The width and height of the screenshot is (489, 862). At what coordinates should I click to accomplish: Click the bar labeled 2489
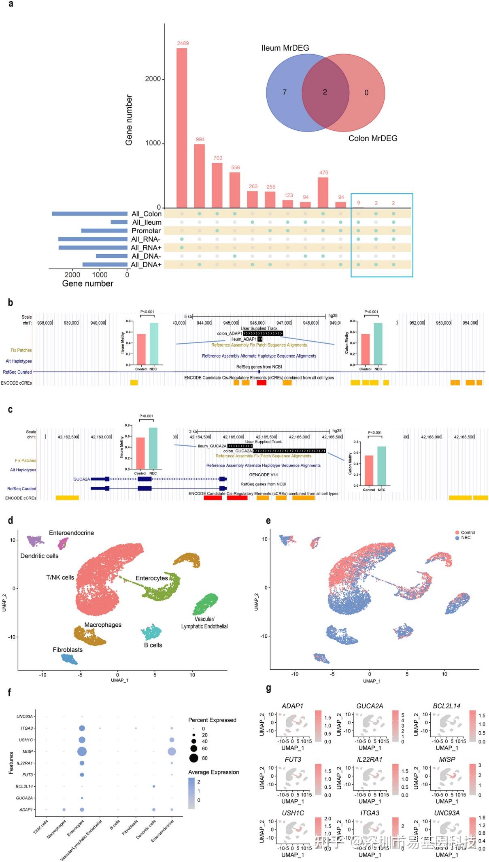182,128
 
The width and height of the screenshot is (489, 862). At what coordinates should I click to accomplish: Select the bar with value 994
200,176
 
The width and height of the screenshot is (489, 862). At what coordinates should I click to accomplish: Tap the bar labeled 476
323,192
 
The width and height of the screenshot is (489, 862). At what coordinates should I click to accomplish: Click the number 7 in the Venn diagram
284,92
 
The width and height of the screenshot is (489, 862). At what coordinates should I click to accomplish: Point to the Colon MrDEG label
373,138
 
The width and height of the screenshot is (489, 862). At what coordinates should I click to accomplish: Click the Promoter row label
146,231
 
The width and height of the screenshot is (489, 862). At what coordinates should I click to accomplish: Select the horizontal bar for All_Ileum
119,222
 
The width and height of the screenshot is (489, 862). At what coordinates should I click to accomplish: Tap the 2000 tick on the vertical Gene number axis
153,79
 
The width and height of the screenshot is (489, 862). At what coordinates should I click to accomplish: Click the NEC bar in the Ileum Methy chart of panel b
154,344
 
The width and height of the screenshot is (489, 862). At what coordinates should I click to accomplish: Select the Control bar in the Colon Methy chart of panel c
369,470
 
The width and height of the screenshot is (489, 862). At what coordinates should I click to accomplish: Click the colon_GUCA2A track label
237,451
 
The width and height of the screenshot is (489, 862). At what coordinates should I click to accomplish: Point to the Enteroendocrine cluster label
71,533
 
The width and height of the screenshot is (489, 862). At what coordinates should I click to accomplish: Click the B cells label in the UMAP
153,645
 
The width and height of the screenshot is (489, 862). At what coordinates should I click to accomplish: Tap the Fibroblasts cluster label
68,650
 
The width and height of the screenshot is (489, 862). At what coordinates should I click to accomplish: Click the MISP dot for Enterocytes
82,751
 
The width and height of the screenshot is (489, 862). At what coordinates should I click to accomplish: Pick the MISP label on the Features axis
28,751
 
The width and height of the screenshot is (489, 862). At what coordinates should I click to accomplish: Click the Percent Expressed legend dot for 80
193,758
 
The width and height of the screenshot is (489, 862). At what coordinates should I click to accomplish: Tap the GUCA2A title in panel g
369,706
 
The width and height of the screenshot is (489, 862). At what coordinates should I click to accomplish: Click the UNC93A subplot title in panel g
446,813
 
